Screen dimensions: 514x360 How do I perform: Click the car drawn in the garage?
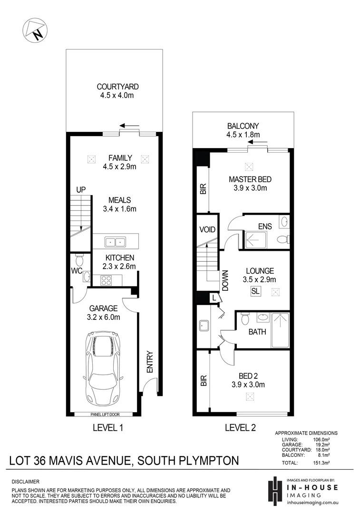[x=103, y=367]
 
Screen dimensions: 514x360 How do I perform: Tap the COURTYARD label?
[x=117, y=87]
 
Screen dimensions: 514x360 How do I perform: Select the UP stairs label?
[x=81, y=189]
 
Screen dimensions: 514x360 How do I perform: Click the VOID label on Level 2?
[x=207, y=229]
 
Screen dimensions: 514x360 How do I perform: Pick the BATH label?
[x=257, y=332]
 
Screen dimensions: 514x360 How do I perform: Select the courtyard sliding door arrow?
[x=129, y=126]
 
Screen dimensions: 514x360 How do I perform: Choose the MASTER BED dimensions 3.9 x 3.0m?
[x=250, y=188]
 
